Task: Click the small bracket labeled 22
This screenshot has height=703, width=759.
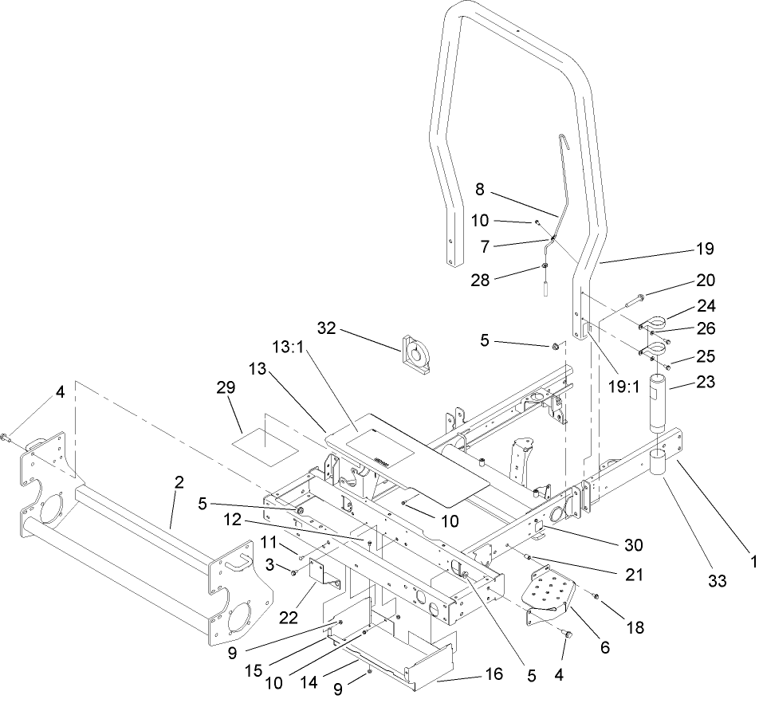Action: [x=325, y=575]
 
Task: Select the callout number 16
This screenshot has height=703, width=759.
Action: [x=494, y=674]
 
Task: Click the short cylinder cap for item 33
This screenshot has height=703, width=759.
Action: [x=659, y=462]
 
